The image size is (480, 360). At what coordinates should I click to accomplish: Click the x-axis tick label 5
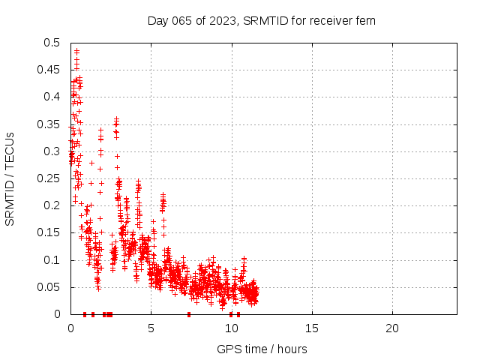tap(151, 328)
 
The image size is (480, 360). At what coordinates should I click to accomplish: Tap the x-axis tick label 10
tap(231, 328)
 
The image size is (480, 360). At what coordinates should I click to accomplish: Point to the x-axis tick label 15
tap(311, 328)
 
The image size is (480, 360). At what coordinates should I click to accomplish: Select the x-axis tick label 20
tap(391, 328)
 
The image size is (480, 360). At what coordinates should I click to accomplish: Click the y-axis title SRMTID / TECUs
tap(10, 178)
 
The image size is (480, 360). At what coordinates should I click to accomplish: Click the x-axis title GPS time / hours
tap(262, 349)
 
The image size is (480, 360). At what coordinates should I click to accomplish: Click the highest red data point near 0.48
tap(76, 51)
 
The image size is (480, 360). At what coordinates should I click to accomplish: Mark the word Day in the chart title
tap(157, 20)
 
